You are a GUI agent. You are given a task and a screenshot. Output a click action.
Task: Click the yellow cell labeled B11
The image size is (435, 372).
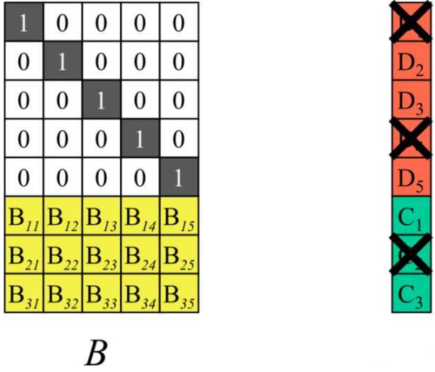[x=24, y=215]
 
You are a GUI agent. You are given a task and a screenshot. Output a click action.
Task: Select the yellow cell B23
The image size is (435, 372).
[x=101, y=254]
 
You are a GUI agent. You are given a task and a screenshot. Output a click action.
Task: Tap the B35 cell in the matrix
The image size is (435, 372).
[x=178, y=293]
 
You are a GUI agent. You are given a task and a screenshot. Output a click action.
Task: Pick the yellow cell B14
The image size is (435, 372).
[x=139, y=215]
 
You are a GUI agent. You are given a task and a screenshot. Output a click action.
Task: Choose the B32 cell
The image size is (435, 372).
[x=63, y=293]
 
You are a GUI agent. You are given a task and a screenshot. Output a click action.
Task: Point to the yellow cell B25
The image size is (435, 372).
[x=178, y=254]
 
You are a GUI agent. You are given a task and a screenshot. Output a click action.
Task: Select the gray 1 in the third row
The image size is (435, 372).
[x=101, y=100]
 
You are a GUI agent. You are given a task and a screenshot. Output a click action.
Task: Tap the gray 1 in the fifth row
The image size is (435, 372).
[x=178, y=177]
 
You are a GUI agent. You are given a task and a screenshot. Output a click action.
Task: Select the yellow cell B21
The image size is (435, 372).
[x=24, y=254]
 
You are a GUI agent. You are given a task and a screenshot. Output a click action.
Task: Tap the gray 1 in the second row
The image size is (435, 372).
[x=63, y=62]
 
